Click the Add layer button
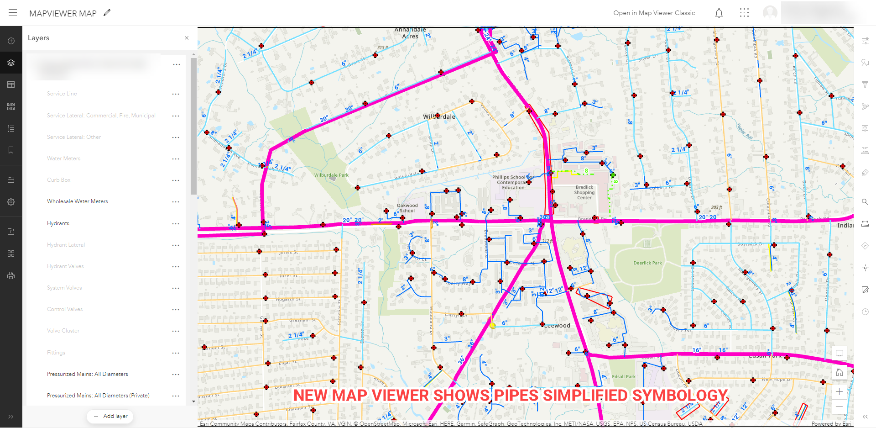coord(110,416)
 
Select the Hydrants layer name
coord(58,223)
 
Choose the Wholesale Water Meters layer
coord(77,201)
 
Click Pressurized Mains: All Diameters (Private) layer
coord(98,396)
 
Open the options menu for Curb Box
coord(176,180)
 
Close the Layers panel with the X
coord(187,38)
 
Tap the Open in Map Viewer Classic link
coord(654,13)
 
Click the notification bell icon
coord(719,13)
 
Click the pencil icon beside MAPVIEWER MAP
coord(107,13)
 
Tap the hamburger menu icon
coord(13,13)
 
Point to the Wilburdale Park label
coord(331,175)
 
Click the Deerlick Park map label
coord(647,263)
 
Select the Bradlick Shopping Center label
coord(584,192)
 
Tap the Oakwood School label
coord(407,208)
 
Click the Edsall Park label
coord(624,377)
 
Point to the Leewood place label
coord(558,326)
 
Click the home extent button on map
coord(839,373)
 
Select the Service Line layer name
coord(62,94)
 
